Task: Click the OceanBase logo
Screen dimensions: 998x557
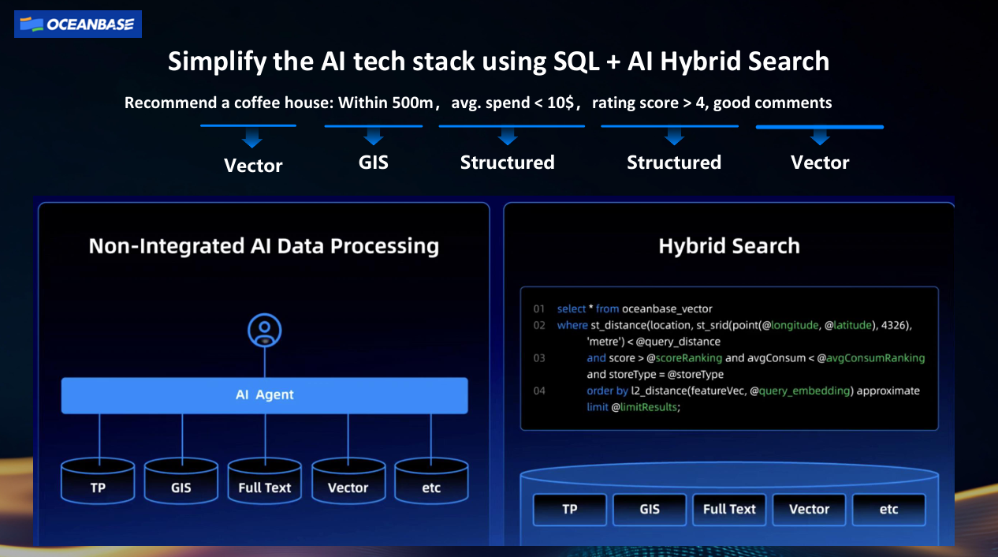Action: point(78,24)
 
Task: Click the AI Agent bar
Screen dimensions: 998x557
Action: point(265,395)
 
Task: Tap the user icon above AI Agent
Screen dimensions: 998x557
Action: point(265,331)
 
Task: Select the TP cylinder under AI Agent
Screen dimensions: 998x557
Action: point(98,481)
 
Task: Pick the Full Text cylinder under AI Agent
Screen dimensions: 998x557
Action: point(265,481)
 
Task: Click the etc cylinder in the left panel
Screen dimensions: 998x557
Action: point(431,481)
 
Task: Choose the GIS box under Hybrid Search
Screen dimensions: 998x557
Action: point(650,510)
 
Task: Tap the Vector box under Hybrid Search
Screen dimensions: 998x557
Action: point(809,510)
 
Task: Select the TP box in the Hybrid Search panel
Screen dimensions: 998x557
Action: point(570,510)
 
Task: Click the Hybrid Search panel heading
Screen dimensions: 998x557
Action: point(729,245)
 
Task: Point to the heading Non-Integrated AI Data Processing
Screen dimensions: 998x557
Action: point(264,245)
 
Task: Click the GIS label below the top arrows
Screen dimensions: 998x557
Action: point(374,162)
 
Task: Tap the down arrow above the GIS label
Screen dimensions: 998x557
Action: point(374,136)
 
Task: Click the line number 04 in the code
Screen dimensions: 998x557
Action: point(539,391)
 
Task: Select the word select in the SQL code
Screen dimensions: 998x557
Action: point(572,308)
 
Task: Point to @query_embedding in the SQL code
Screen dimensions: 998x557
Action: point(799,391)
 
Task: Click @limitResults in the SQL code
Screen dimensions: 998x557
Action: point(644,407)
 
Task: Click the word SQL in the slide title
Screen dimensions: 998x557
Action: point(576,61)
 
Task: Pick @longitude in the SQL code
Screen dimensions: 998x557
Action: point(790,325)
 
